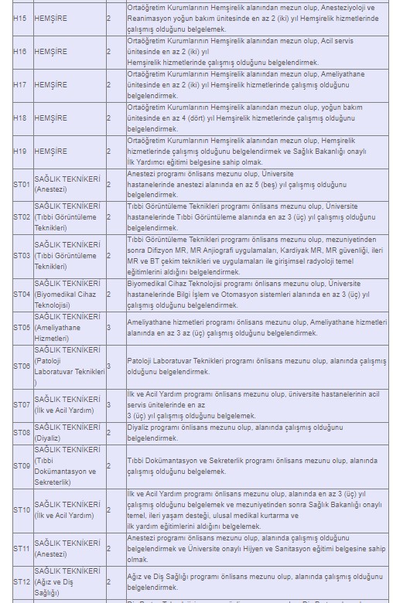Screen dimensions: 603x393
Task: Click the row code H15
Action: point(19,17)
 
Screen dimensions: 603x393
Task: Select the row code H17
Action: point(19,84)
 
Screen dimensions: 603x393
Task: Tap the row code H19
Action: point(19,152)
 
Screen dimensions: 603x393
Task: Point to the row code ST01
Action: point(21,185)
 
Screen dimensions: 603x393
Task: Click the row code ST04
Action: point(21,295)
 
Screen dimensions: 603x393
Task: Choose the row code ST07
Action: point(21,405)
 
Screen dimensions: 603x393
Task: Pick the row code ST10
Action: point(21,510)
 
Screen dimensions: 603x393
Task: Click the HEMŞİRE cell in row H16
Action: point(50,51)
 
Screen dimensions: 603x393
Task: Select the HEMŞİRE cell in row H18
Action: point(50,118)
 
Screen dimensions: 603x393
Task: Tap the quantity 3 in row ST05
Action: point(108,328)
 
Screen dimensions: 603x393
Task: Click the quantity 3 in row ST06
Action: point(108,366)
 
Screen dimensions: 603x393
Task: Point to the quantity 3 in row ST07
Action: point(108,405)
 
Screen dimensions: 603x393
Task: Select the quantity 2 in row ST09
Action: point(108,466)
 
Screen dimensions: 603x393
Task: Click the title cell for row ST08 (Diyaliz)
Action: point(68,432)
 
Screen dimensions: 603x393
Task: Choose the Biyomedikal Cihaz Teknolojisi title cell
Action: point(68,295)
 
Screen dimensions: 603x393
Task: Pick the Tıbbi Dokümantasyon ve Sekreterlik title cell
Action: point(68,466)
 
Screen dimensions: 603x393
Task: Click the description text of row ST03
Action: point(255,255)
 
